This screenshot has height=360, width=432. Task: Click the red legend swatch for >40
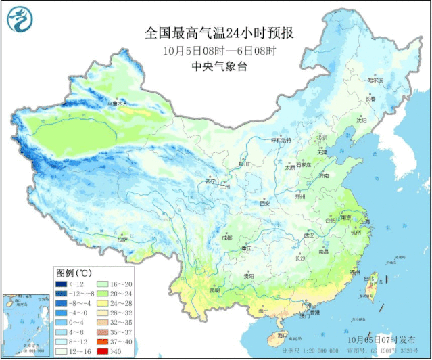[101, 352]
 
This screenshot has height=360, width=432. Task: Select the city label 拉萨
[122, 239]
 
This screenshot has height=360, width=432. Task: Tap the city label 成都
[226, 238]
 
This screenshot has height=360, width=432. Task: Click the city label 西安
[264, 203]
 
